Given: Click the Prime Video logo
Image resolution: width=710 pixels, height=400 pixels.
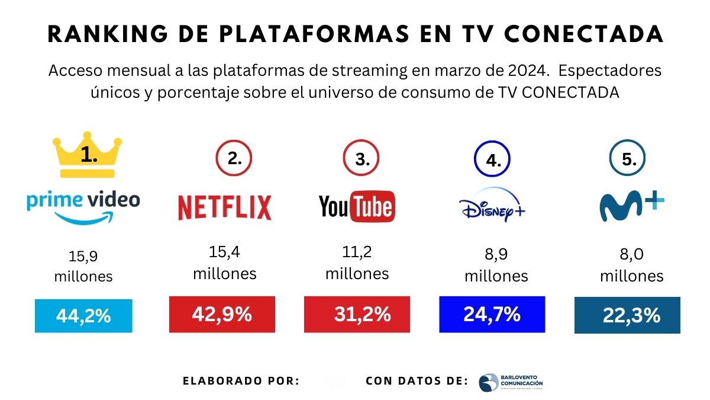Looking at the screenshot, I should coord(83,206).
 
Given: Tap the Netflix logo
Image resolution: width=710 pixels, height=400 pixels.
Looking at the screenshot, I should coord(224,207).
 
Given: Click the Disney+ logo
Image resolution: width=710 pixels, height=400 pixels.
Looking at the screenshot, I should coord(492,208).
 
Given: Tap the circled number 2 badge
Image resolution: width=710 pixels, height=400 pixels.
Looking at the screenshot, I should coord(234,159).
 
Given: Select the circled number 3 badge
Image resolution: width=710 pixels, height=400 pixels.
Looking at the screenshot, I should coord(361,159).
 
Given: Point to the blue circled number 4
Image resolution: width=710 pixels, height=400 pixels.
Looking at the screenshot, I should coord(492,159).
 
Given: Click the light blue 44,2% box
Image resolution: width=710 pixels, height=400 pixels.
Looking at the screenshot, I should coord(83,316).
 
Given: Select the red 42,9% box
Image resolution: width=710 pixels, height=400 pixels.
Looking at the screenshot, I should coord(222,315).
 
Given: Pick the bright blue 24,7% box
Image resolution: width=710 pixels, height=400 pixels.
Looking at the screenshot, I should coord(492,314).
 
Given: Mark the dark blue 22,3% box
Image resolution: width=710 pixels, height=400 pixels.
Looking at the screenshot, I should coord(627,315).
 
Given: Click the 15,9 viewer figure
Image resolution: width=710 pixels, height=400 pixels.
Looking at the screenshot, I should coord(83,257).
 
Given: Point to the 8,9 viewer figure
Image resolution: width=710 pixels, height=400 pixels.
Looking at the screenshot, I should coord(496,255).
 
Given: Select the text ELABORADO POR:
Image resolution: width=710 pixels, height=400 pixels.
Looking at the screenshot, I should coord(241,381).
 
